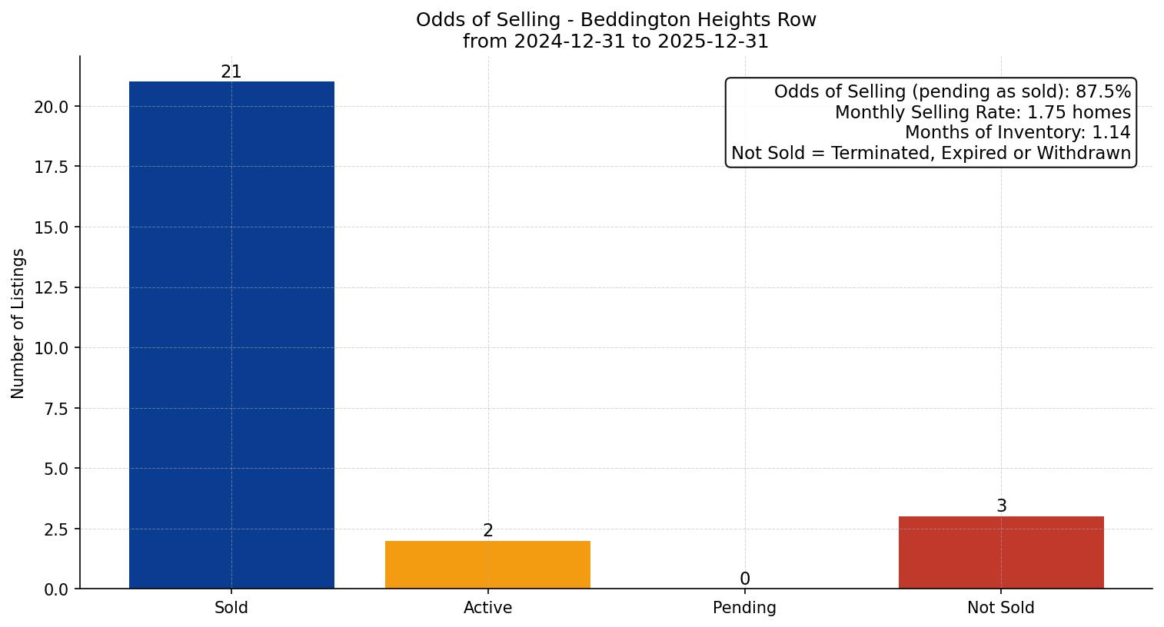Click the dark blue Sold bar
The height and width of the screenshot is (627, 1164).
tap(231, 335)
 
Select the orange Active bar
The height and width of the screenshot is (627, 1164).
tap(487, 565)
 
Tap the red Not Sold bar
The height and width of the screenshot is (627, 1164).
tap(1001, 552)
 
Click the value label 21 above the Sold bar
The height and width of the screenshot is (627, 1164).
tap(231, 72)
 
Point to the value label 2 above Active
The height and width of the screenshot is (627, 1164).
tap(488, 531)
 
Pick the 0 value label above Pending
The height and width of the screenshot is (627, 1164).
tap(744, 579)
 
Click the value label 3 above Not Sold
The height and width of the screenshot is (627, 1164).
tap(1001, 506)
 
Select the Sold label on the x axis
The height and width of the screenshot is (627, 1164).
tap(231, 608)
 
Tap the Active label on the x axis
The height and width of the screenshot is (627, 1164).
tap(487, 608)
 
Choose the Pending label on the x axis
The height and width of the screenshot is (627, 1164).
tap(744, 608)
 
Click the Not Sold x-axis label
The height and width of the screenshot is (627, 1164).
tap(1001, 608)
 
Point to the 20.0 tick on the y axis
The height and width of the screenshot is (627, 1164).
tap(52, 107)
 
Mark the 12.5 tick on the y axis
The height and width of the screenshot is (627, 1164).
tap(52, 288)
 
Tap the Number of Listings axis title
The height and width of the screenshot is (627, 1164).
tap(18, 323)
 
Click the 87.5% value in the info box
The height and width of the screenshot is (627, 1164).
tap(1103, 92)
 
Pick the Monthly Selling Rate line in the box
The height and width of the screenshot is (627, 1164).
tap(983, 113)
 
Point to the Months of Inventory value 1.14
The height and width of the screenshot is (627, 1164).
tap(1111, 133)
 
